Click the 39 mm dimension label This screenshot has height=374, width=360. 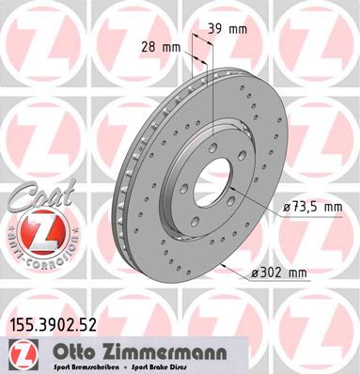233,29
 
